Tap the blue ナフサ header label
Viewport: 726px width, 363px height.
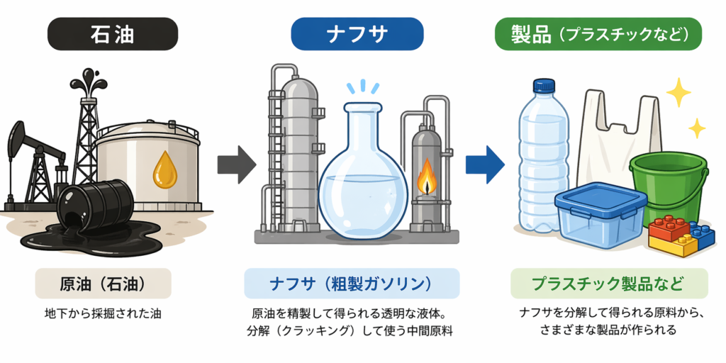357,33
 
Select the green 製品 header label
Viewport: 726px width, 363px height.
598,33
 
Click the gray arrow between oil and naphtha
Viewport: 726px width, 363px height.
235,164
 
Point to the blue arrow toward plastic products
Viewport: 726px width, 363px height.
484,164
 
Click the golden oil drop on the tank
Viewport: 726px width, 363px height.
165,169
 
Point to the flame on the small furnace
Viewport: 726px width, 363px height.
426,177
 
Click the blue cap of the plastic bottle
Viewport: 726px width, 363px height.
543,86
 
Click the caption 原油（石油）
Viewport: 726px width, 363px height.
103,284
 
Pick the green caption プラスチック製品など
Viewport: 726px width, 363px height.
608,284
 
